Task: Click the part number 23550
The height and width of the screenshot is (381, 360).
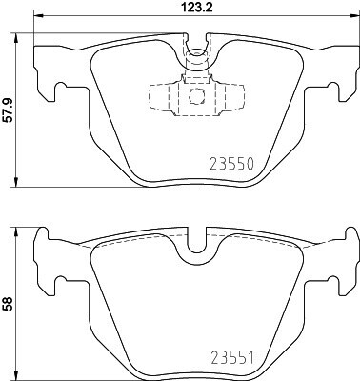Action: click(232, 164)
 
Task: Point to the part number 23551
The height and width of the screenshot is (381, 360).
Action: click(232, 358)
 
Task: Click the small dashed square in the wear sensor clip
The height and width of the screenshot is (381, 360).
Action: click(196, 95)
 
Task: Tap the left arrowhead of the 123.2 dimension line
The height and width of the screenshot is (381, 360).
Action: click(38, 15)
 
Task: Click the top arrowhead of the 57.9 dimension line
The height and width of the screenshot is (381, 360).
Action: click(16, 37)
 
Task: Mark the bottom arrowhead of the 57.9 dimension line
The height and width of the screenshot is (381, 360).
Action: click(16, 182)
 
